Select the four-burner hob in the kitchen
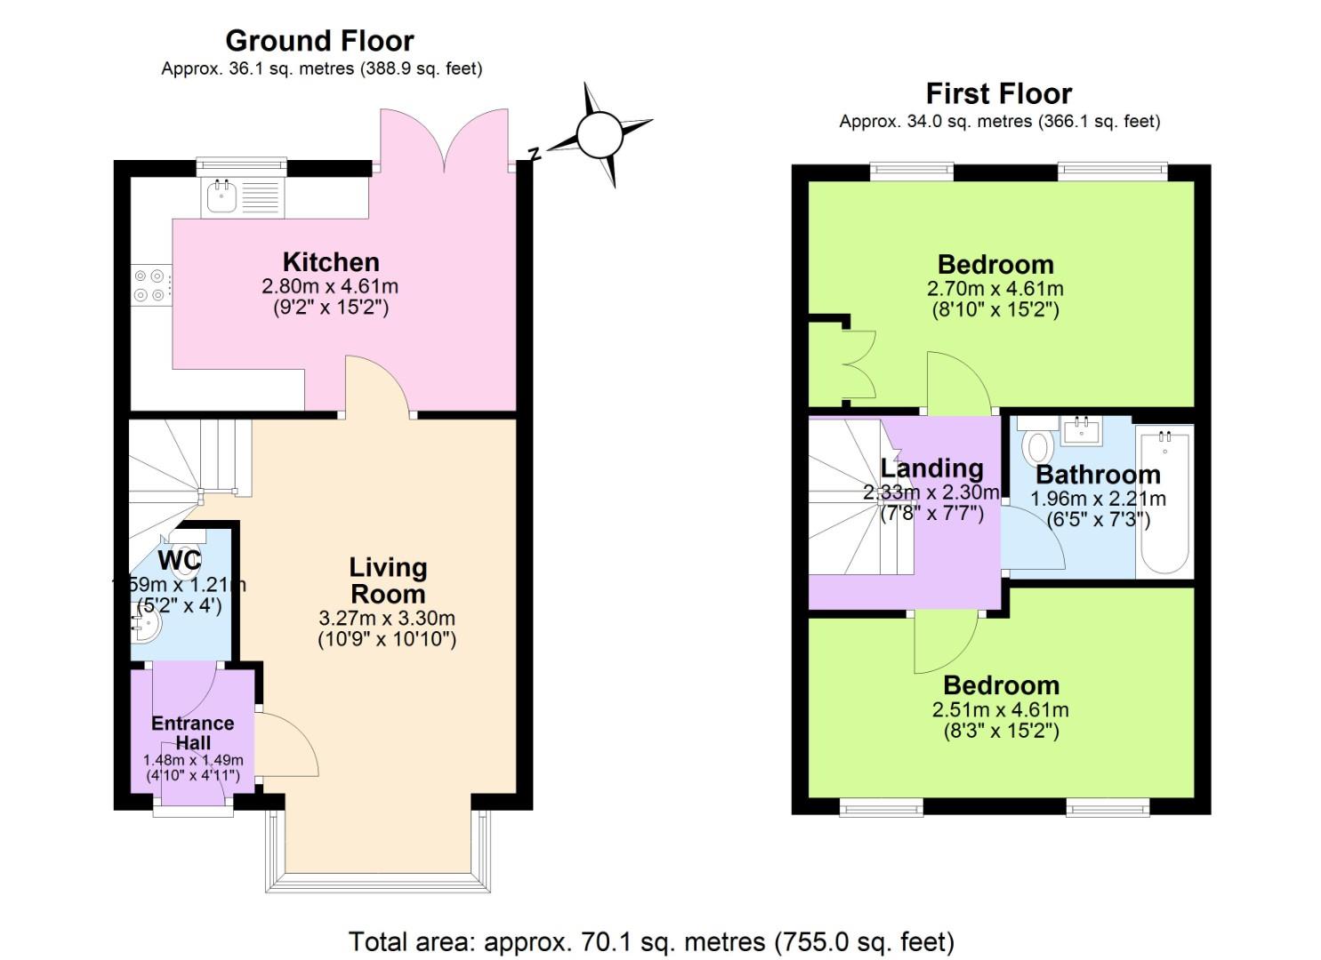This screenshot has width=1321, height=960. click(149, 285)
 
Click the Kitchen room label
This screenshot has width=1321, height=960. click(331, 262)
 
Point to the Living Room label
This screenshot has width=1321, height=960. click(388, 580)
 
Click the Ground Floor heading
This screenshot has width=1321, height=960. click(319, 41)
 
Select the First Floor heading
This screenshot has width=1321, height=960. click(999, 93)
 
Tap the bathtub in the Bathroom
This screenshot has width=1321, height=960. click(1164, 502)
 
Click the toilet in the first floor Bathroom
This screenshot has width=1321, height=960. click(1037, 445)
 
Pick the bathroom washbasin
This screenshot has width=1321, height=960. click(1083, 431)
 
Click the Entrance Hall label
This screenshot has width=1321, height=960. click(193, 732)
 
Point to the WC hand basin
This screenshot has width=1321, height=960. click(145, 627)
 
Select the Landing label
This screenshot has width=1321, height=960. click(931, 468)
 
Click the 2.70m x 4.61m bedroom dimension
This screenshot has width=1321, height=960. click(995, 289)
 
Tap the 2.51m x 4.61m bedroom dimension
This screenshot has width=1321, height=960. click(1001, 710)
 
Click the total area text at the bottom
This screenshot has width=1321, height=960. click(651, 941)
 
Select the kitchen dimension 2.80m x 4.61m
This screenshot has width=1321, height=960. click(330, 287)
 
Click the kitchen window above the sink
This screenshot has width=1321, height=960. click(241, 164)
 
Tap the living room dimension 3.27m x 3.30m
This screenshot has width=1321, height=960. click(387, 618)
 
